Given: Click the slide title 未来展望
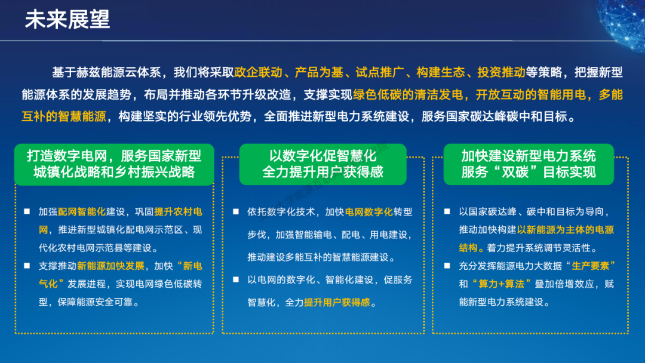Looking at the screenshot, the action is coord(67,19).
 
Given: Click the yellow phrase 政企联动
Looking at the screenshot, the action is coord(259,72).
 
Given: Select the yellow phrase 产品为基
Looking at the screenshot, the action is coord(319,72).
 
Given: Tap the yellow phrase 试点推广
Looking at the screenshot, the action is coord(380,72).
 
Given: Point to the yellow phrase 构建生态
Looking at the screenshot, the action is coord(441,72).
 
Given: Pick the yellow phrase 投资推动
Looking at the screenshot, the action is coord(502,72).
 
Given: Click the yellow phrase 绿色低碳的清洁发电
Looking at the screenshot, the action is coord(408,94).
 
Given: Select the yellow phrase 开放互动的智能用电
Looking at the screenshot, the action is coord(531,94).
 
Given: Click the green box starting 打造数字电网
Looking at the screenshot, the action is coord(114,164).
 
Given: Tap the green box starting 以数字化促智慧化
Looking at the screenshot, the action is coord(323,164).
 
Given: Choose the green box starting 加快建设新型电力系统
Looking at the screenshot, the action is coord(529,164).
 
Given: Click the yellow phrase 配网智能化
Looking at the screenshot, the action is coord(82,212).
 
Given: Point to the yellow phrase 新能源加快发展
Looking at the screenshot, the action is coord(110,266).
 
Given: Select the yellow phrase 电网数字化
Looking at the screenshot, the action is coord(369,212).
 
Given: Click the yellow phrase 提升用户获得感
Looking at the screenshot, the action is coord(337,303).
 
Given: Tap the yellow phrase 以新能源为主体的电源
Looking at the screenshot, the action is coord(566,230).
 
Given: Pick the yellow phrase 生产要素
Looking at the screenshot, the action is coord(590,266).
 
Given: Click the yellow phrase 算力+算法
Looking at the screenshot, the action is coord(502,284).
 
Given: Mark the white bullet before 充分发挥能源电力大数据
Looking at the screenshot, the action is coord(447,266).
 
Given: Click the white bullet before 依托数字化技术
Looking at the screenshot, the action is coord(236,212).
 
